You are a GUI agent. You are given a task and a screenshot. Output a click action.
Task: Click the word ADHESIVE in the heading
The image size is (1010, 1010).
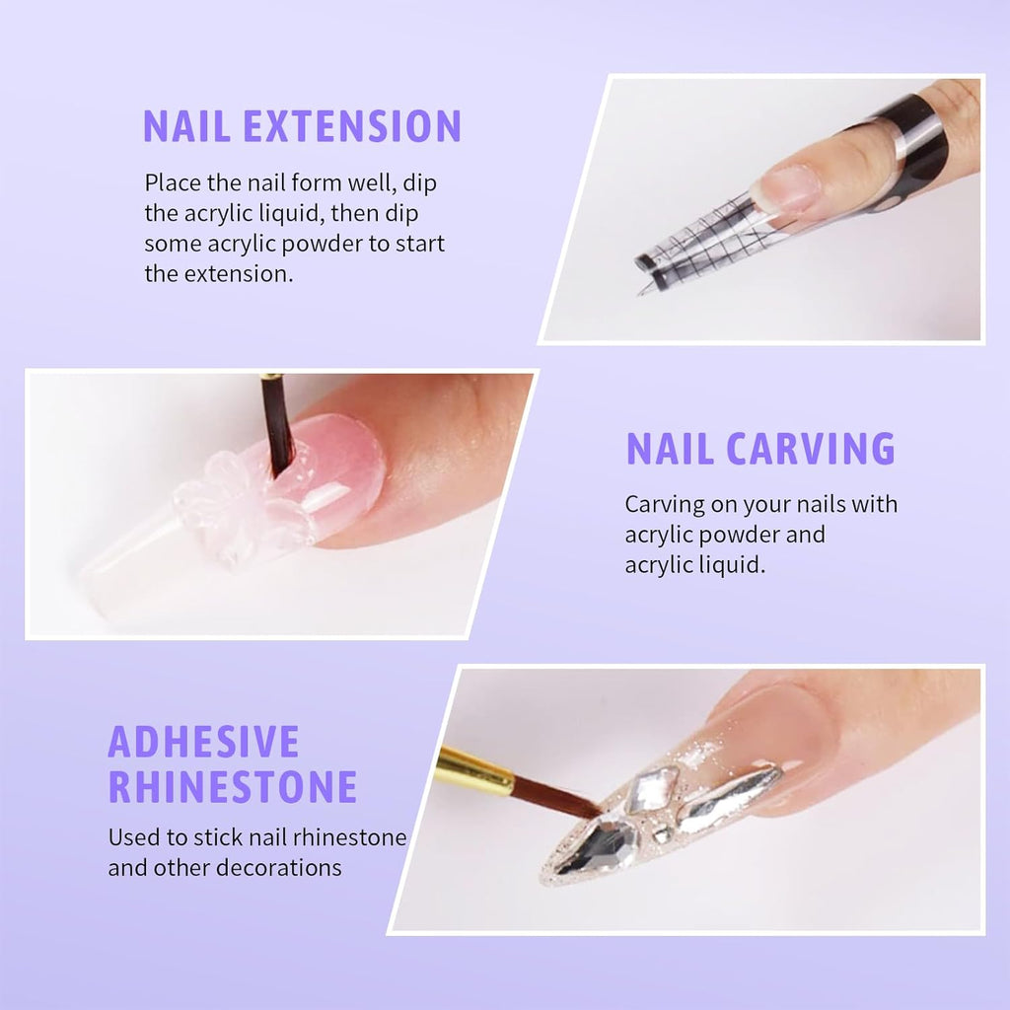pos(203,742)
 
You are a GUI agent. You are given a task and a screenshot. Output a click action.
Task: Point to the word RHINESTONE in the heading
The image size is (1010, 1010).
pos(233,787)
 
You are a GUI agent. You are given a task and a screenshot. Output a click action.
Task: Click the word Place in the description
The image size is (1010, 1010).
pos(172,182)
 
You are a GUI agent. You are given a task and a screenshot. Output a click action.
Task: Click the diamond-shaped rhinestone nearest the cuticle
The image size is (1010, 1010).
pos(653,789)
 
